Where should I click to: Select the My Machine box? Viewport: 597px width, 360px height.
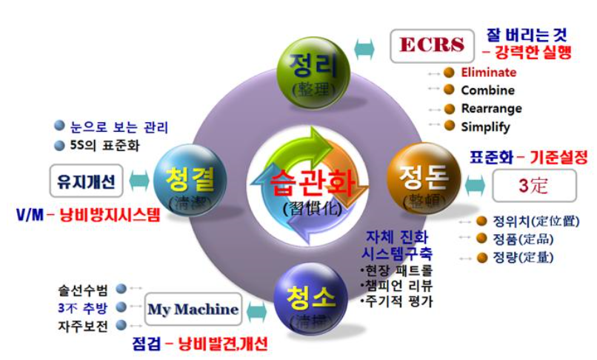coord(193,309)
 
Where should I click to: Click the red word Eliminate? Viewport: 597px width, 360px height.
coord(488,73)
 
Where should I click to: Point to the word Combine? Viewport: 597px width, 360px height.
coord(487,90)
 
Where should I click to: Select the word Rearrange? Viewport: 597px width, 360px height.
coord(491,108)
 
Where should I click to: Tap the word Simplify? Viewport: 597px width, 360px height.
coord(485,126)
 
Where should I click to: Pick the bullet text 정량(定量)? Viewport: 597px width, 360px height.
coord(516,257)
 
